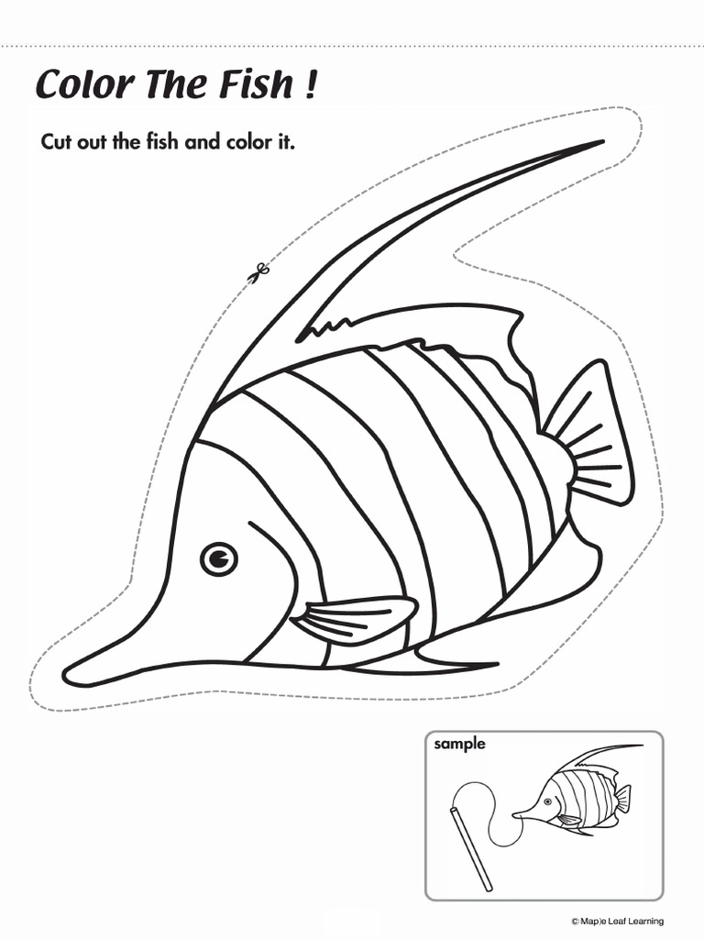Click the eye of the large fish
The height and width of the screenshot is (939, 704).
coord(218,558)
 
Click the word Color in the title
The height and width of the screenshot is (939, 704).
coord(78,85)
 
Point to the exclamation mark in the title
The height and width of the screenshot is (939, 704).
coord(313,85)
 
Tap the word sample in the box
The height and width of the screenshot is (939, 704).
coord(459,745)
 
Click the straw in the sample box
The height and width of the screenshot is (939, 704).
coord(472,848)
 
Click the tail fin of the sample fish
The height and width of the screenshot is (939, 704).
coord(623,798)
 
